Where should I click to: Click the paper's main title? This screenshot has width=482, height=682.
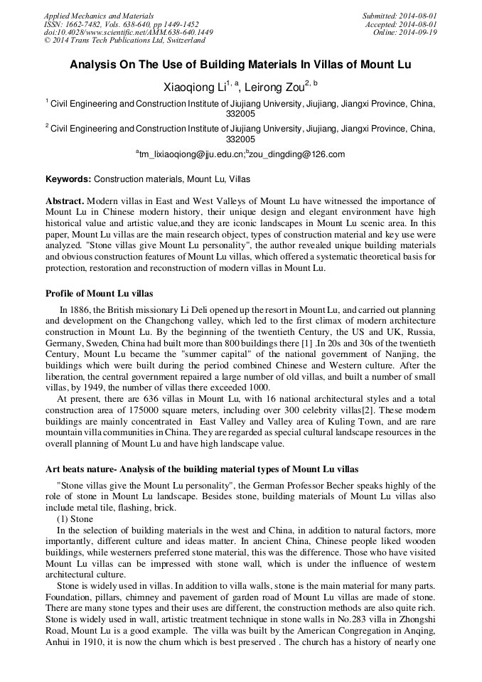(240, 65)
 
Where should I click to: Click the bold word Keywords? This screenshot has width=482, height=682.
(68, 179)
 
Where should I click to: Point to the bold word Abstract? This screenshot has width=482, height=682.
(65, 201)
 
